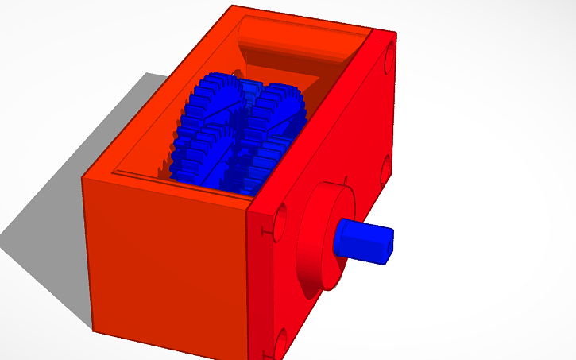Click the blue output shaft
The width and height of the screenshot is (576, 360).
pos(361,239)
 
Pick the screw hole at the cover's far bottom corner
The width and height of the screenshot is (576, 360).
pos(385,167)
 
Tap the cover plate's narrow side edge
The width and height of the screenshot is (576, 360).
pos(252,286)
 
